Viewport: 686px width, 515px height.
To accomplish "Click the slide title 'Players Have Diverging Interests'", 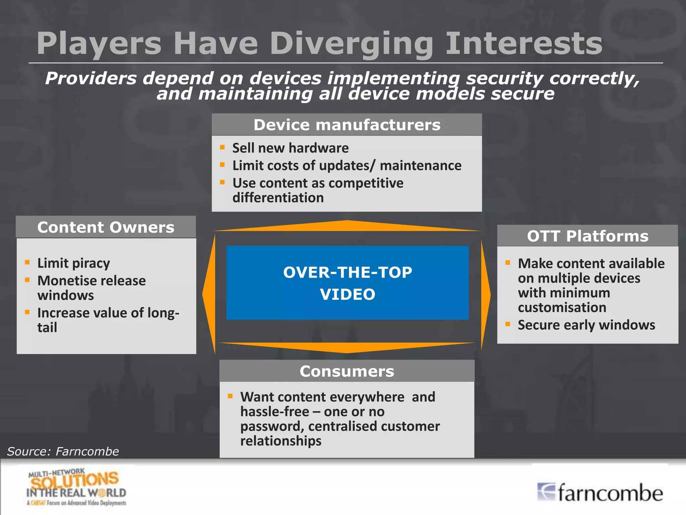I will point(319,44).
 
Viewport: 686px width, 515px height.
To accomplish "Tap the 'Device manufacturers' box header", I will point(347,125).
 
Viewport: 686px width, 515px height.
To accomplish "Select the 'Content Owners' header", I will point(106,227).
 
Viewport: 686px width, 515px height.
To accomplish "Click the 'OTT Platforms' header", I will point(588,236).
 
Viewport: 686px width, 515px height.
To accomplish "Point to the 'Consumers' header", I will point(347,371).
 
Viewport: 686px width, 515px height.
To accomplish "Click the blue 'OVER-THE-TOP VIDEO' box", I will point(347,283).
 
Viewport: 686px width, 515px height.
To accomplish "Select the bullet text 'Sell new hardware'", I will point(290,148).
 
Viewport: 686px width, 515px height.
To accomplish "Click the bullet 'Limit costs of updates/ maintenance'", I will point(347,166).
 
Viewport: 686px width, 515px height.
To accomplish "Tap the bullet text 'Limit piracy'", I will point(73,263).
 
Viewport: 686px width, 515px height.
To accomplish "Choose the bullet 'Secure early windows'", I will point(586,325).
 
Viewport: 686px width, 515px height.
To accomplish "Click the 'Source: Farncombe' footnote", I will point(63,451).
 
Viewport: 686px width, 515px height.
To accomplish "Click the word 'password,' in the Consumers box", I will point(272,426).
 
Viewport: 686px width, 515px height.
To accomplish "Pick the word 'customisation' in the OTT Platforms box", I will point(562,307).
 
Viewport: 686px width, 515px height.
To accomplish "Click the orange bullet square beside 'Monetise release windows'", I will point(27,280).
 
